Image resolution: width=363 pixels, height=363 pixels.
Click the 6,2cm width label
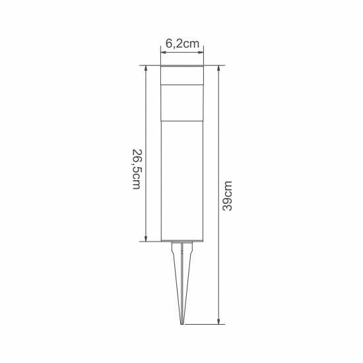click(x=182, y=44)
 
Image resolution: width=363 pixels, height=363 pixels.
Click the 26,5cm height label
click(x=137, y=169)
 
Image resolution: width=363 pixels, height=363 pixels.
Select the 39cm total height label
click(x=227, y=196)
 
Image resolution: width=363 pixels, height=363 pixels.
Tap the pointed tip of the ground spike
click(x=182, y=324)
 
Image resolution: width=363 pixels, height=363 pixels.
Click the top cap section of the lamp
click(x=182, y=75)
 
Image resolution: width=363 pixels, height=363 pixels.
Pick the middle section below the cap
click(x=182, y=103)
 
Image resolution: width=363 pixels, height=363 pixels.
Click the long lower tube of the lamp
click(x=182, y=181)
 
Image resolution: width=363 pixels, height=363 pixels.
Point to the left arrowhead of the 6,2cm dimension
click(x=163, y=53)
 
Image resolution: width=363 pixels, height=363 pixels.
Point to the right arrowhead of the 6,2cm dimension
click(x=201, y=53)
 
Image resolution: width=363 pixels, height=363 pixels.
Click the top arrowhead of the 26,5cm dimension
click(x=146, y=68)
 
